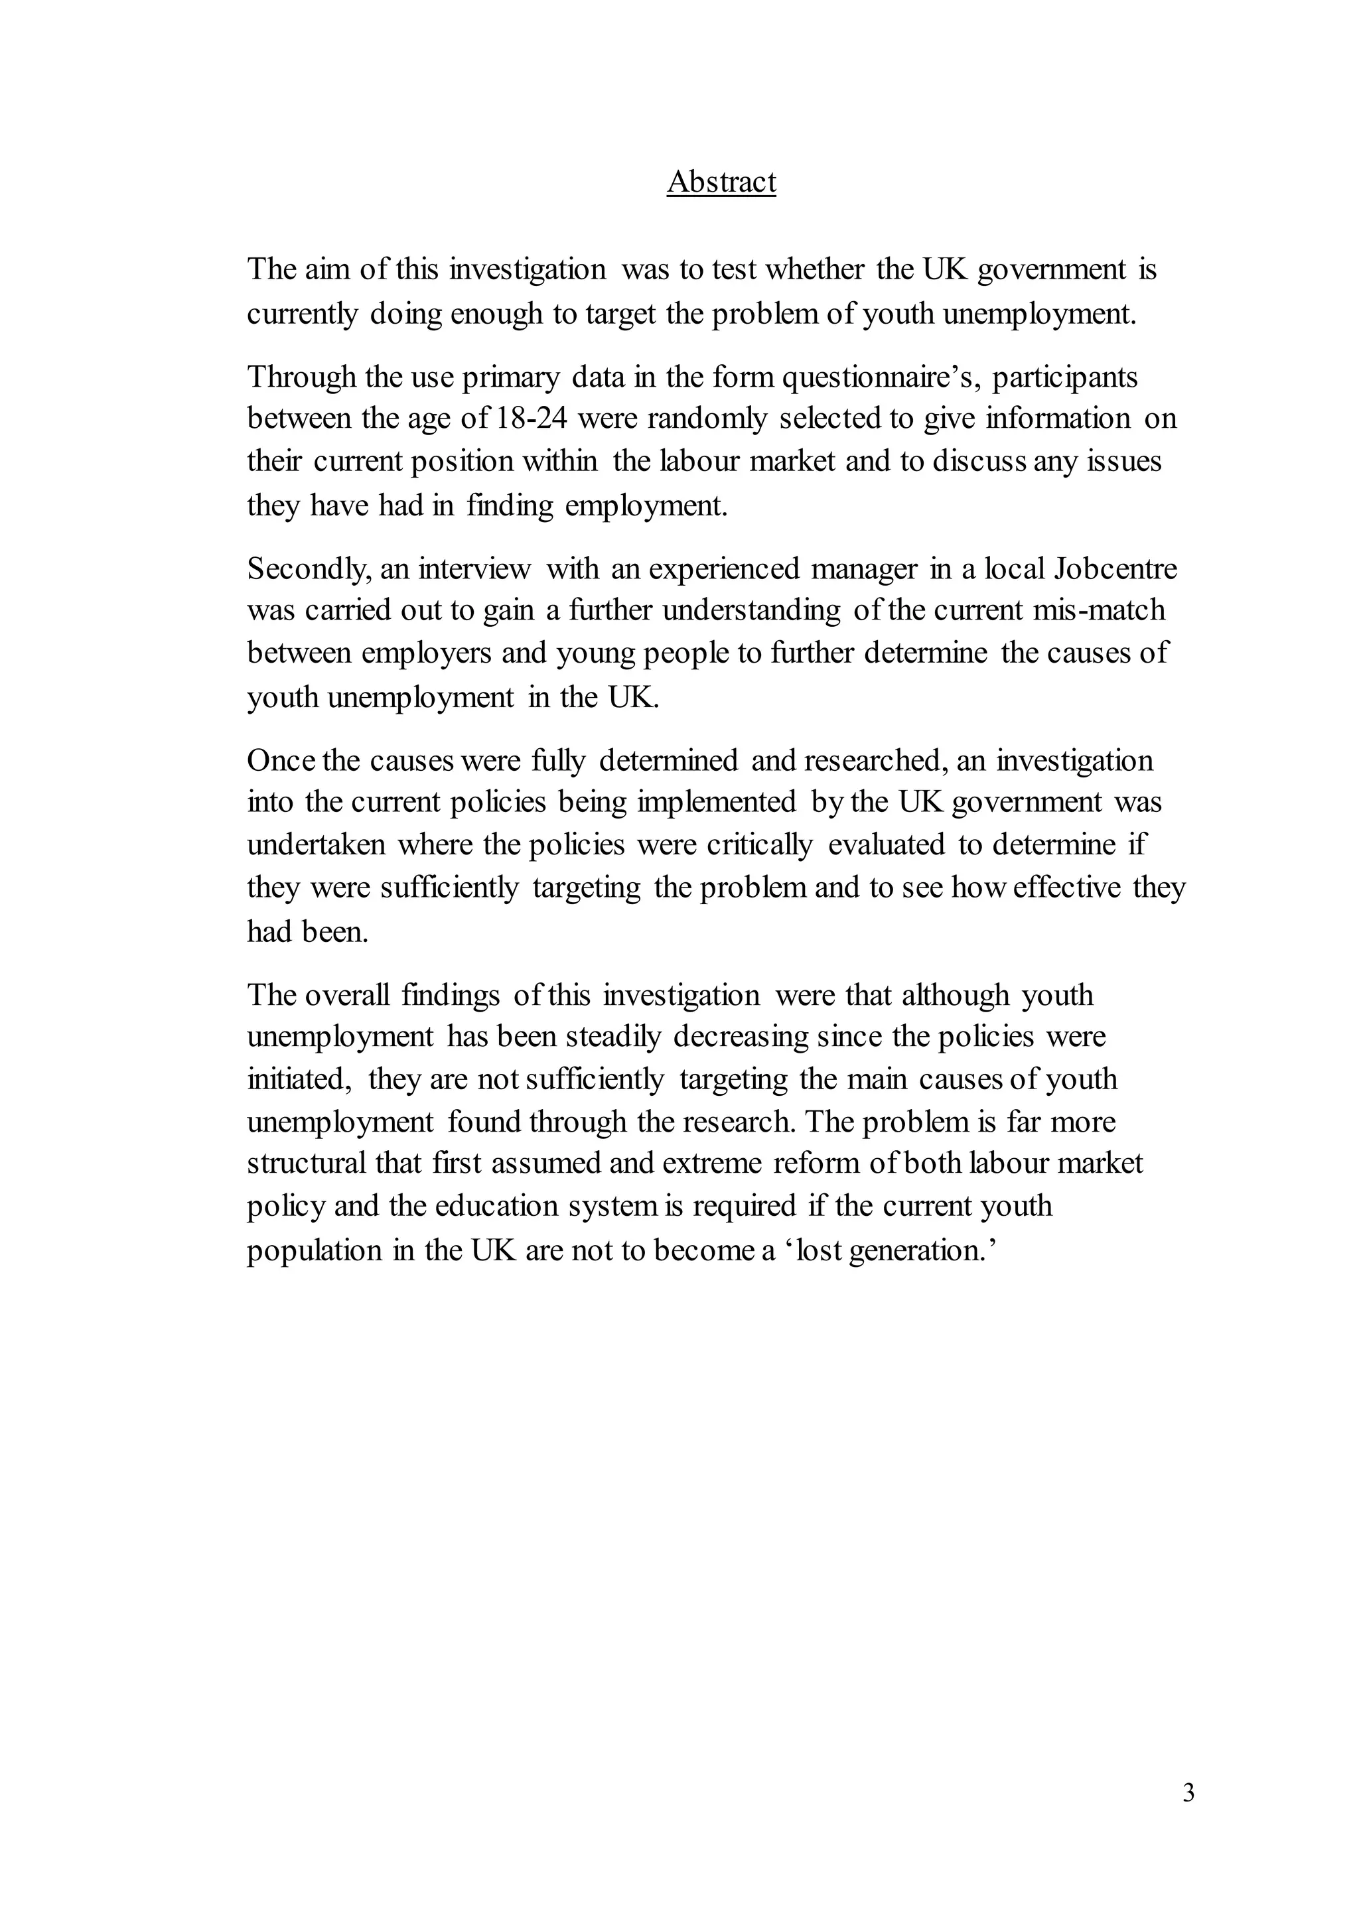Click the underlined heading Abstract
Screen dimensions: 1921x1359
pos(721,182)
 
